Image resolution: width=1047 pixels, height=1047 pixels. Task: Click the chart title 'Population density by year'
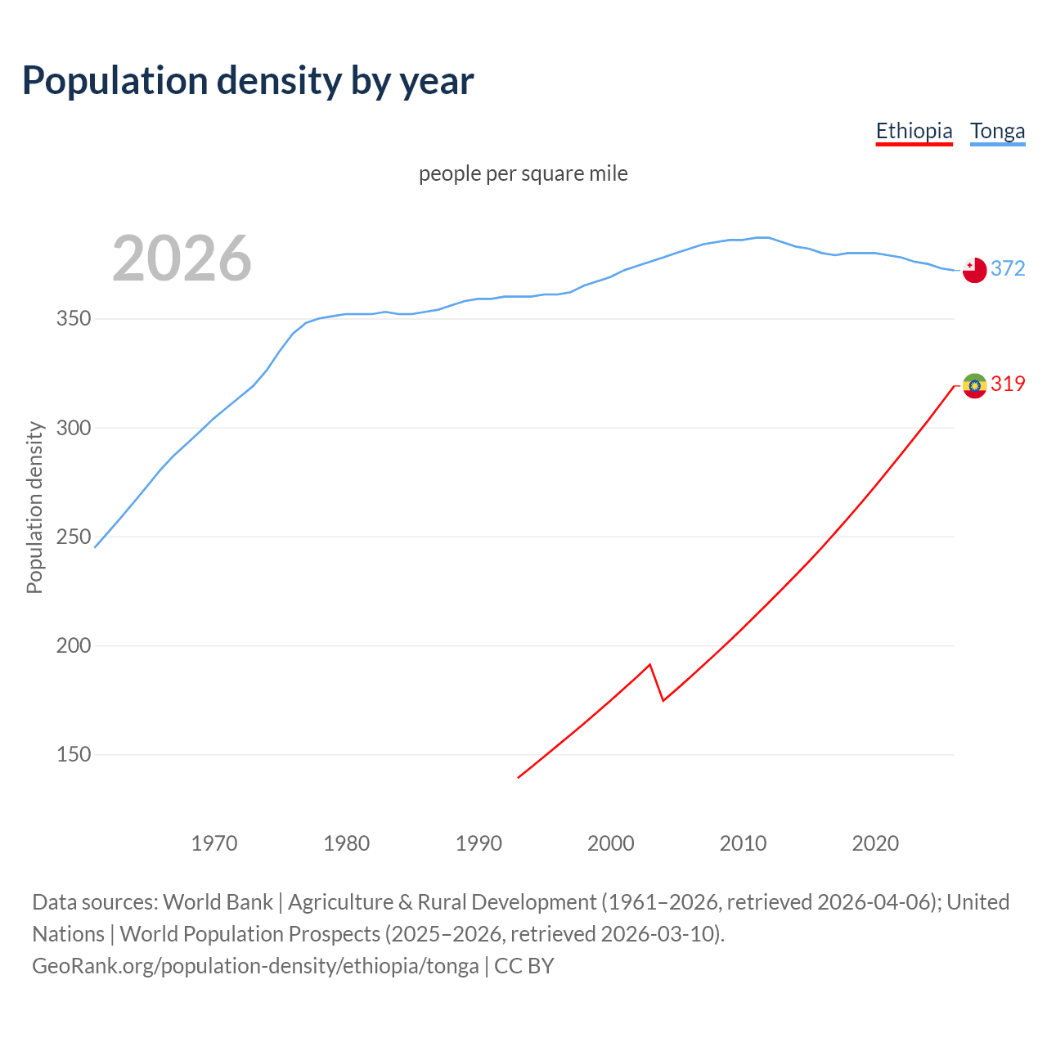[x=248, y=81]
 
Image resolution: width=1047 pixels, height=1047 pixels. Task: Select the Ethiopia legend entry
[x=914, y=131]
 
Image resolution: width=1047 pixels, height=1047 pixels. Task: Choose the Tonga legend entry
[x=997, y=131]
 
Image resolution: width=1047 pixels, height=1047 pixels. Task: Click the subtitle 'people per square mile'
[x=523, y=173]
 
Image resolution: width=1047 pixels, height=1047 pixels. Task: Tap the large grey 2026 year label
[x=182, y=258]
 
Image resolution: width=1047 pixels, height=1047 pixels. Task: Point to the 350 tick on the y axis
[x=73, y=319]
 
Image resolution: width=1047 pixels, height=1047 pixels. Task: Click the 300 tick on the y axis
[x=73, y=428]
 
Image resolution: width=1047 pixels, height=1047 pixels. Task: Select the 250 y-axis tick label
[x=73, y=537]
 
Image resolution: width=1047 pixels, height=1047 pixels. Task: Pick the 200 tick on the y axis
[x=73, y=645]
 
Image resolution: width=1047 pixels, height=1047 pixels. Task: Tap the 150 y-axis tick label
[x=73, y=754]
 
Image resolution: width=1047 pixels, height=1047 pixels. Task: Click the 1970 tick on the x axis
[x=214, y=843]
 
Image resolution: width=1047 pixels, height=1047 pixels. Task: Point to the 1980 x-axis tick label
[x=346, y=843]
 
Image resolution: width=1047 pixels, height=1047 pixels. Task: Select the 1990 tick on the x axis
[x=479, y=843]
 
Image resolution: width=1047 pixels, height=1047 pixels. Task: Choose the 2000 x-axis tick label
[x=611, y=843]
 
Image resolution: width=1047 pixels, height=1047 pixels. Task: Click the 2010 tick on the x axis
[x=743, y=843]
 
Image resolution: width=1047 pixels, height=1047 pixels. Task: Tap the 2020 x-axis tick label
[x=875, y=843]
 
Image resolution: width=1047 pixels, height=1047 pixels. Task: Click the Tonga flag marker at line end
[x=974, y=270]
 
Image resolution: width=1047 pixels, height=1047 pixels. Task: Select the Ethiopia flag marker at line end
[x=974, y=385]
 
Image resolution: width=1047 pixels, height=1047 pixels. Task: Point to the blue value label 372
[x=1008, y=268]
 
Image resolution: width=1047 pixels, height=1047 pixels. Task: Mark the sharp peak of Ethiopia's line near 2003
[x=649, y=664]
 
